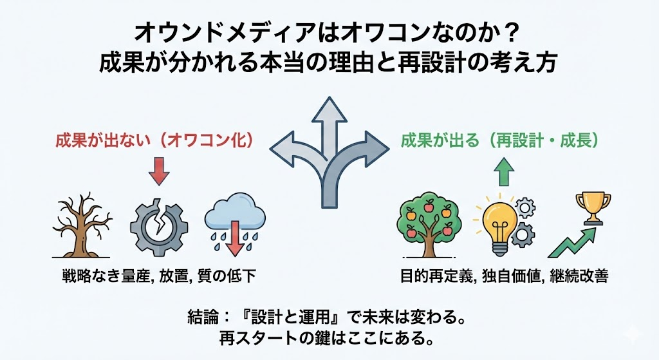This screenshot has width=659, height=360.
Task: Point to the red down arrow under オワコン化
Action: click(x=159, y=171)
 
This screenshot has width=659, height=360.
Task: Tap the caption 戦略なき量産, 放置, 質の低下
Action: click(x=159, y=278)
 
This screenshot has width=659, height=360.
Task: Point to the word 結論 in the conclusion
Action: click(x=202, y=317)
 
